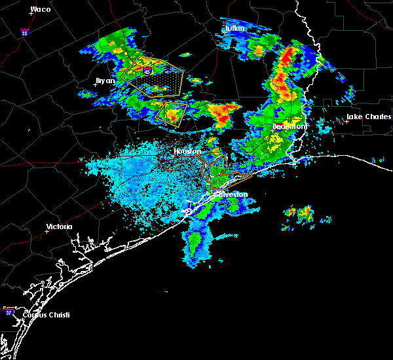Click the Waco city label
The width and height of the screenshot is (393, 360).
pos(41,9)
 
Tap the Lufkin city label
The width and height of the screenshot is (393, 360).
pos(234,29)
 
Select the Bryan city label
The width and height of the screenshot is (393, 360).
pos(105,81)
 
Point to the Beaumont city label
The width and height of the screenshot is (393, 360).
pos(286,126)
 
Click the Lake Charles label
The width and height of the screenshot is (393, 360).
pos(369,117)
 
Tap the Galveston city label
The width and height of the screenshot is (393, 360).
pos(230,194)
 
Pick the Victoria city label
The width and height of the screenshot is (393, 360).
pos(59,227)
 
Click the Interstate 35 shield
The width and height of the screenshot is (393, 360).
pos(24,31)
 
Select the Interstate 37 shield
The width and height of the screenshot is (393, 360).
pos(9,312)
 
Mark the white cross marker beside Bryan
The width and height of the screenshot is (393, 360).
pos(95,84)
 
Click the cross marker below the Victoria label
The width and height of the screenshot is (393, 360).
pos(47,231)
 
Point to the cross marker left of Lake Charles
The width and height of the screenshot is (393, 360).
pos(346,121)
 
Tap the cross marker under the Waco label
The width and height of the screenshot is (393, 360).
pos(30,14)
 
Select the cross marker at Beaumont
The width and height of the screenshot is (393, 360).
pos(272,131)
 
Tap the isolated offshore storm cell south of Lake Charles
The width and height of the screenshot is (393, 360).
pos(299,212)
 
